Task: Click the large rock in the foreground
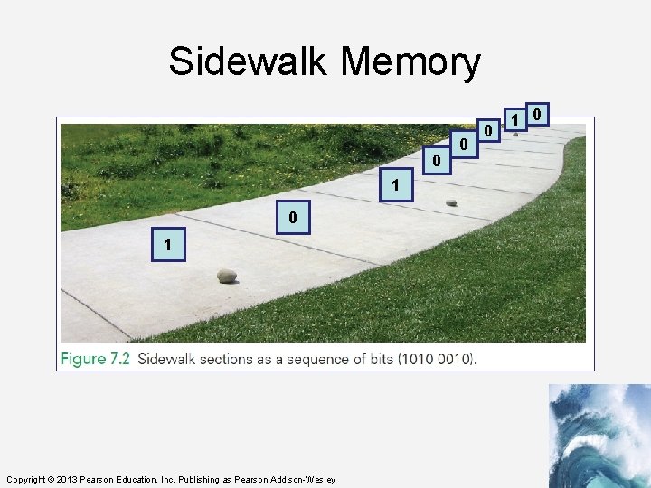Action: click(x=227, y=275)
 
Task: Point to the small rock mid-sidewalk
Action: click(x=451, y=202)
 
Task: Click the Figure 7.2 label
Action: click(x=96, y=359)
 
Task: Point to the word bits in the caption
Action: click(x=377, y=359)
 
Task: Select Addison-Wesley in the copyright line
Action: click(x=304, y=479)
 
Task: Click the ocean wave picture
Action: click(x=599, y=436)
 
